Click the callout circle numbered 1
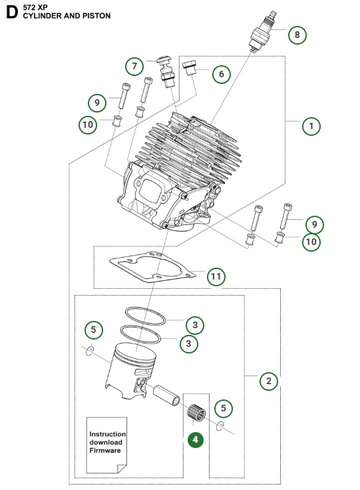(x=312, y=126)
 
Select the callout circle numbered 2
(x=268, y=380)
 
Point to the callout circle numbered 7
(x=133, y=66)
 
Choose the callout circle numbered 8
(x=296, y=36)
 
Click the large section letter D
(x=10, y=13)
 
